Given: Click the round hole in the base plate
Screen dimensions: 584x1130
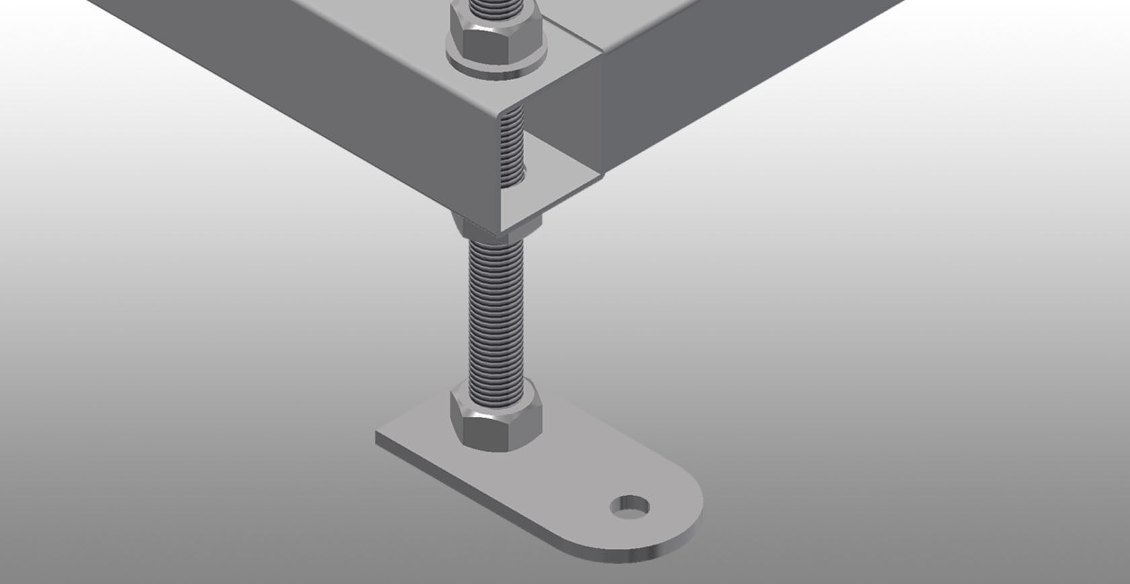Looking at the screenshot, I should pos(630,506).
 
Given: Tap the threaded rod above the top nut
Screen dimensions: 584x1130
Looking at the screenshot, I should pos(496,7).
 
